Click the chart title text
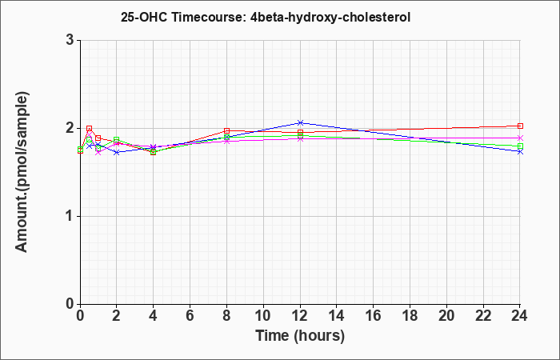[266, 17]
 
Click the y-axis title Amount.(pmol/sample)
[22, 172]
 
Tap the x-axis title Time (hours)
[300, 336]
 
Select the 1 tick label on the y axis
[70, 216]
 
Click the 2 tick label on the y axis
[70, 128]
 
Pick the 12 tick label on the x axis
[300, 315]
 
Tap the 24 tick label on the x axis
[520, 315]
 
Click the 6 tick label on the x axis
[190, 315]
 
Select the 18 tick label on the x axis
[410, 315]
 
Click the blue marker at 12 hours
[300, 123]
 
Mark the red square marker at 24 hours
[520, 126]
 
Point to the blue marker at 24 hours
[520, 152]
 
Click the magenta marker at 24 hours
[520, 138]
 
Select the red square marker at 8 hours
[226, 130]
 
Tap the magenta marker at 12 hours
[300, 138]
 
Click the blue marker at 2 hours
[117, 152]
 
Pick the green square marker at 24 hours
[520, 146]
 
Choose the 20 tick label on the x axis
[446, 315]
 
